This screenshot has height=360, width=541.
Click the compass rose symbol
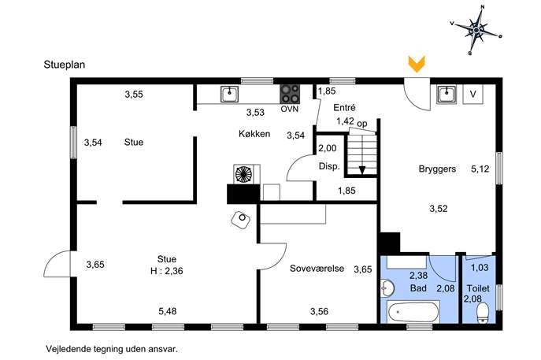tap(476, 31)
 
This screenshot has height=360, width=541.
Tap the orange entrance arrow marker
tap(417, 64)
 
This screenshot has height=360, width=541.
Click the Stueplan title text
tap(65, 65)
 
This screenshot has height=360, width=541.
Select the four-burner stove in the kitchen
tap(290, 94)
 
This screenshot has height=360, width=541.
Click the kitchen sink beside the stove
tap(229, 94)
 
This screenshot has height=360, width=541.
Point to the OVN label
tap(290, 109)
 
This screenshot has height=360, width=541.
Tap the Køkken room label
tap(254, 134)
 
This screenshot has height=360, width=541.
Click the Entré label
tap(344, 108)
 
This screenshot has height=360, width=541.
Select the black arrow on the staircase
tap(362, 170)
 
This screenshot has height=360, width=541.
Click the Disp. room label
tap(329, 166)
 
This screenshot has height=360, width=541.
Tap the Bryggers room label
tap(437, 169)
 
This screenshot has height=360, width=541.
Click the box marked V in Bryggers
tap(473, 94)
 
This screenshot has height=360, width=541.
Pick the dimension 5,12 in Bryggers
tap(480, 169)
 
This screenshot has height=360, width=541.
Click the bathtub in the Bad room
tap(413, 312)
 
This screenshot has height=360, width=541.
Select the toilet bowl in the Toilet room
tap(483, 313)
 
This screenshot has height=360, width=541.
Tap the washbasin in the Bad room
tap(387, 288)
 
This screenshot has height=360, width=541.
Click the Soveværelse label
tap(317, 269)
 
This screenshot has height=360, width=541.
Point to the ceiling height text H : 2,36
tap(167, 271)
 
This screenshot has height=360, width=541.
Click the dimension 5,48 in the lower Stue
tap(167, 311)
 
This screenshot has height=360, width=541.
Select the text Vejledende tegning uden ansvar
tap(112, 349)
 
